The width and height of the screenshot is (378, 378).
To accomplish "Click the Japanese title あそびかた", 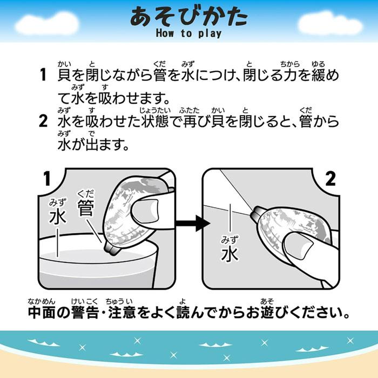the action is tap(189, 16).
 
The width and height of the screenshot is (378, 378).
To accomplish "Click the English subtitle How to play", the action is tap(189, 33).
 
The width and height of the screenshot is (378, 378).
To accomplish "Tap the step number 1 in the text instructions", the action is tap(43, 75).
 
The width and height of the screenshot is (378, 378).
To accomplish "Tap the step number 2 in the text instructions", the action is tap(43, 121).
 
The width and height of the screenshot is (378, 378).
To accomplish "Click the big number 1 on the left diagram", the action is tap(48, 179).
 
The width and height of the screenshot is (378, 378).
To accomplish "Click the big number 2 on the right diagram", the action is tap(330, 179).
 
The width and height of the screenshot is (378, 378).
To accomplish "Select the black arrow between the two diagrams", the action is tap(193, 223).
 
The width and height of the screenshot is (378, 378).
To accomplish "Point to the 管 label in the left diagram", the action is tap(85, 208).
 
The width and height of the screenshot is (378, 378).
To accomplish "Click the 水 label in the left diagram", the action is tap(58, 216).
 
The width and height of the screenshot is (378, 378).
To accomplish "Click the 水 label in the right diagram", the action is tap(230, 254).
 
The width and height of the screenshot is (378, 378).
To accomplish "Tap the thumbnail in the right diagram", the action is tap(299, 245).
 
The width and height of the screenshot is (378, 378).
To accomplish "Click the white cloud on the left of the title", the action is tap(47, 23).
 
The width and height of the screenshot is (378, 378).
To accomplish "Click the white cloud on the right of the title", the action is tap(330, 23).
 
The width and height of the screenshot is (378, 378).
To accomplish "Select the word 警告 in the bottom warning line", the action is tap(85, 312).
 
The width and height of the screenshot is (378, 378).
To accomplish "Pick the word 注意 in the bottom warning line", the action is tap(122, 312).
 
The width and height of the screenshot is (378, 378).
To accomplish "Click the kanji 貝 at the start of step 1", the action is tap(65, 75).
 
